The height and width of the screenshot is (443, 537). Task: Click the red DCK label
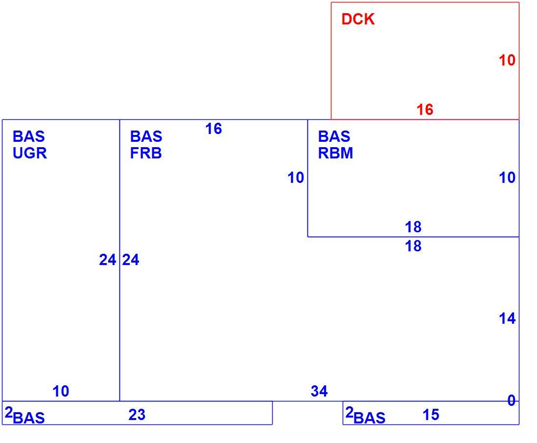[x=358, y=19]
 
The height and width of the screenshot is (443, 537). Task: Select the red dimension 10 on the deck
[x=507, y=60]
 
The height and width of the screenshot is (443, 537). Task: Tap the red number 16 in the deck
[x=425, y=110]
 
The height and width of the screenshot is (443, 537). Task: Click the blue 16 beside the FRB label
[x=213, y=129]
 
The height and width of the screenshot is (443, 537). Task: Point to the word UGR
[x=30, y=153]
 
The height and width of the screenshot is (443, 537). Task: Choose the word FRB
[x=146, y=153]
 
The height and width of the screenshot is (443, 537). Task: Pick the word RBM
[x=335, y=153]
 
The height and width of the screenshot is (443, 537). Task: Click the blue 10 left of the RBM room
[x=296, y=178]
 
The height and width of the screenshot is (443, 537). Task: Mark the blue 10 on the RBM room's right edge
[x=507, y=177]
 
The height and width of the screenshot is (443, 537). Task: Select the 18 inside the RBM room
[x=413, y=227]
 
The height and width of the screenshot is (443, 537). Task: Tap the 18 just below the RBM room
[x=413, y=246]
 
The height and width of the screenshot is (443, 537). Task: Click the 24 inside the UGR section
[x=108, y=260]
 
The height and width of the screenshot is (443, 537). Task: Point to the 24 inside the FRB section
[x=131, y=260]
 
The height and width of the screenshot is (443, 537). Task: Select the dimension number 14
[x=507, y=318]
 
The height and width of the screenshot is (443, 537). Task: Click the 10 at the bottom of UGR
[x=61, y=391]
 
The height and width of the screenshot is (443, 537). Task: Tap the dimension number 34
[x=319, y=391]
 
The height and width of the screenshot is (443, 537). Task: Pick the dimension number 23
[x=137, y=415]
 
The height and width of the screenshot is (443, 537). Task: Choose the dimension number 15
[x=431, y=415]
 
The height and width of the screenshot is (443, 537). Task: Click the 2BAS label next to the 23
[x=24, y=415]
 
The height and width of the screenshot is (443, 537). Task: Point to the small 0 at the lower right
[x=512, y=400]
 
